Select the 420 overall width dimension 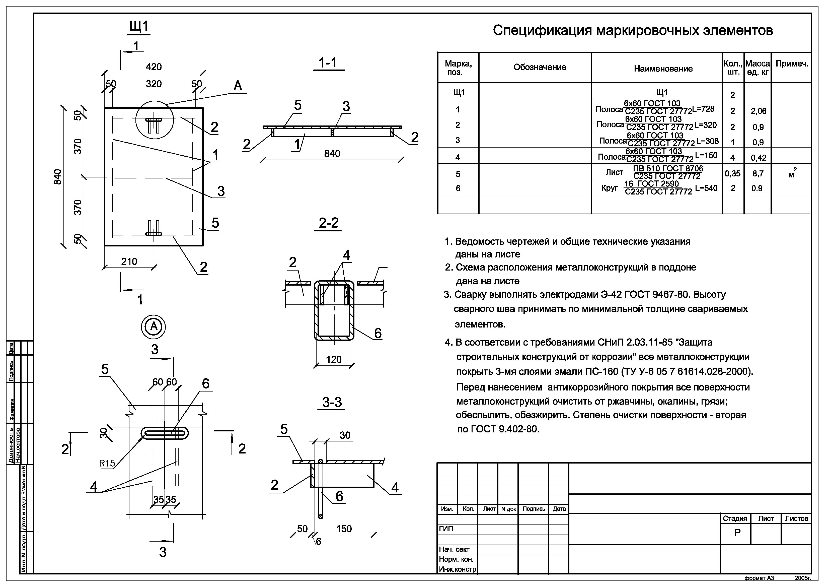[x=154, y=67]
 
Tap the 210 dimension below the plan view [x=129, y=262]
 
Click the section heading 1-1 [x=328, y=63]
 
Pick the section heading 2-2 [x=329, y=223]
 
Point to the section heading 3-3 [x=332, y=402]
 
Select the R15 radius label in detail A [x=107, y=463]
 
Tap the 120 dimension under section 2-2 [x=333, y=360]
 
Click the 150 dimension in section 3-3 [x=344, y=529]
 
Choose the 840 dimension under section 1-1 [x=332, y=154]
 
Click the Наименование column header [x=663, y=69]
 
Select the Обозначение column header [x=540, y=67]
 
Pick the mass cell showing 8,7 [x=758, y=174]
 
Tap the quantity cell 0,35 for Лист [x=732, y=174]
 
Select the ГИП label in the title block [x=446, y=529]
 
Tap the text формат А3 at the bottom [x=759, y=578]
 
